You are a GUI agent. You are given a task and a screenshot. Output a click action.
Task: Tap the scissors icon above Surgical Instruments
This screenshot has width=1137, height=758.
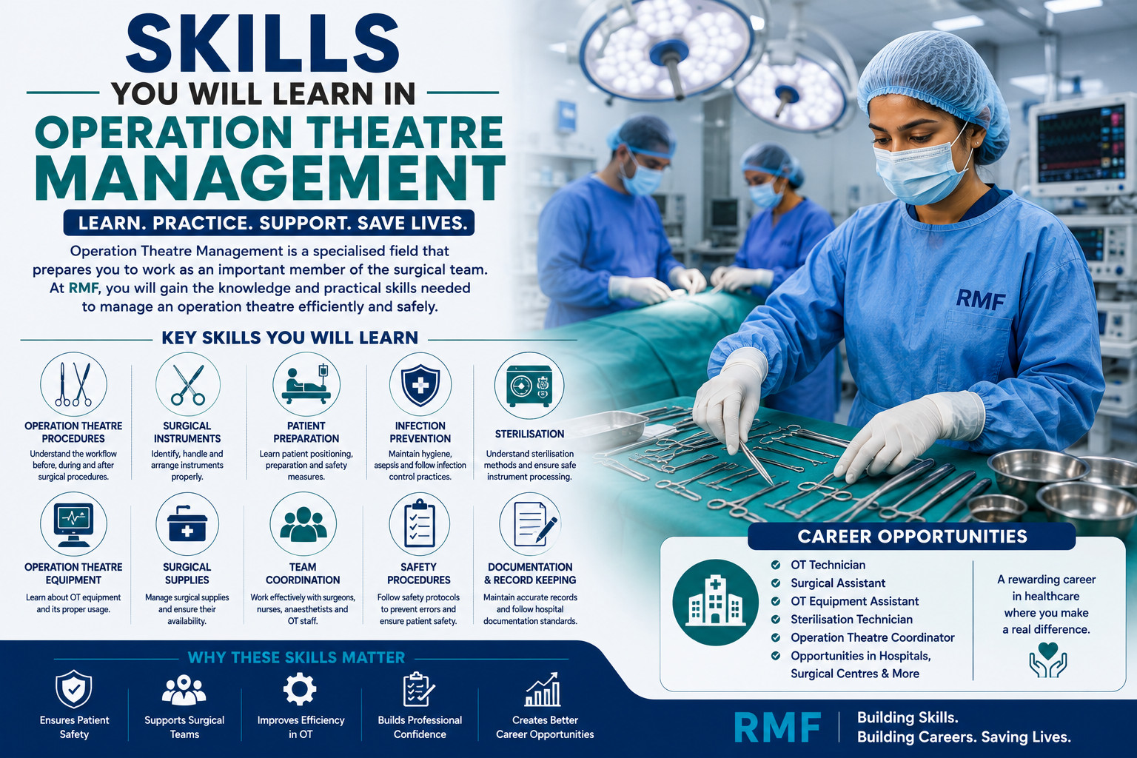click(x=188, y=385)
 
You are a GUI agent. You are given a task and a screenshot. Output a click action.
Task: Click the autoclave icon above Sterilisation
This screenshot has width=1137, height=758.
click(x=529, y=386)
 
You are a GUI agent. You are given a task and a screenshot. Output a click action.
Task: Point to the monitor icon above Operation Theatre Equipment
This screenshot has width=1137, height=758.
click(x=73, y=525)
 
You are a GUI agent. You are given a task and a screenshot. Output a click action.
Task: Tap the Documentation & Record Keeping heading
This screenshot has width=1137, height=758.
click(x=530, y=573)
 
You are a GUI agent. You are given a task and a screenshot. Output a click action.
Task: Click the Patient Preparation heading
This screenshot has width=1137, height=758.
click(x=306, y=432)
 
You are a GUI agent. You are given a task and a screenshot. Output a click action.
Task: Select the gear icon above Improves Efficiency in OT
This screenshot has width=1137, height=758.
click(x=300, y=689)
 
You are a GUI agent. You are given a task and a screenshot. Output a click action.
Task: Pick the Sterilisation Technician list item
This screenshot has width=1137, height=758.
click(x=851, y=620)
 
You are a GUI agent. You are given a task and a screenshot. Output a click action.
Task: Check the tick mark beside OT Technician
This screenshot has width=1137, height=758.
click(x=776, y=565)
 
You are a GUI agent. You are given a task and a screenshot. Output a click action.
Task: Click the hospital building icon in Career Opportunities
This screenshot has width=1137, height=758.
click(x=716, y=602)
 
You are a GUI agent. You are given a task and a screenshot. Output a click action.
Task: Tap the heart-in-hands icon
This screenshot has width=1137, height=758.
click(x=1047, y=660)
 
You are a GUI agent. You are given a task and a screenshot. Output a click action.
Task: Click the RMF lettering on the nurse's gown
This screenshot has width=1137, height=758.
click(x=980, y=300)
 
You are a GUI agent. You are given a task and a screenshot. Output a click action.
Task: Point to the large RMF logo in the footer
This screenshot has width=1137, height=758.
click(x=777, y=727)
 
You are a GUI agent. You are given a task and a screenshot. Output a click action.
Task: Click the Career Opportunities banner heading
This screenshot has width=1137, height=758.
click(x=912, y=536)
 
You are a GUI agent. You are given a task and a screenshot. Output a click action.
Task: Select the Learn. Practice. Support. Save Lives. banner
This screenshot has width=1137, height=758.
click(x=269, y=222)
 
